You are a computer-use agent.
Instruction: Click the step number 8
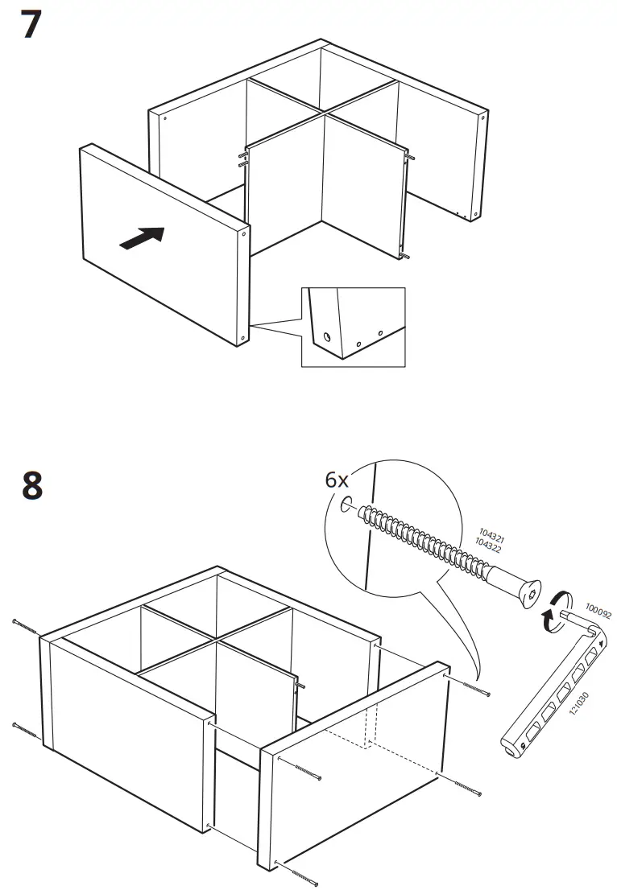tap(31, 486)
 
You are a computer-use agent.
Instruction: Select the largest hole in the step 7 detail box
tap(326, 336)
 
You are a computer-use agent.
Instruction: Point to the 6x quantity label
tap(337, 480)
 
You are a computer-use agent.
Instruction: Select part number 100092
tap(598, 612)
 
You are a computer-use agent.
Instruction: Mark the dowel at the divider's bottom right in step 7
tap(404, 257)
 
